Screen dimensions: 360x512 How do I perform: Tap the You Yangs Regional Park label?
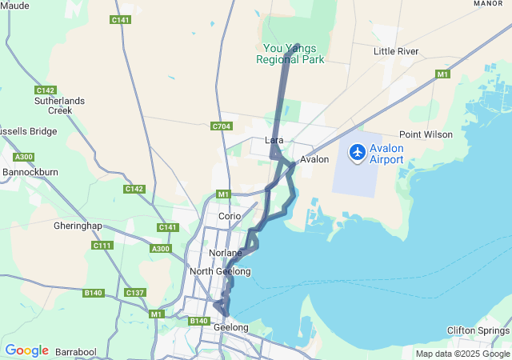[290, 54]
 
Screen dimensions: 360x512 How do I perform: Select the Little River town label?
[396, 51]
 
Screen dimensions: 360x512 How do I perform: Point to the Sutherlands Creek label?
[54, 106]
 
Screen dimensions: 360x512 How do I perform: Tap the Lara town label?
[274, 141]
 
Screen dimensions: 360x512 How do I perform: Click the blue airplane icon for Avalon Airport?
[357, 152]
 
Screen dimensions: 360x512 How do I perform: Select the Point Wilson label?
[426, 134]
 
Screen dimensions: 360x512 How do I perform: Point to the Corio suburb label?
[230, 216]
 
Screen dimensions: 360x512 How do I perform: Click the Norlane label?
[225, 253]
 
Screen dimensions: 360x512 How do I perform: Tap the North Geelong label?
[220, 271]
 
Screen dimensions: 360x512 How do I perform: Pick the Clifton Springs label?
[478, 330]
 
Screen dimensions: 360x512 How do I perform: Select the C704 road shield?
[222, 126]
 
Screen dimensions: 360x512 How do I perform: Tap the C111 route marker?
[102, 245]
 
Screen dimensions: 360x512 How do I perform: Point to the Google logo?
[26, 350]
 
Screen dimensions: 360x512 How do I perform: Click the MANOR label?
[488, 3]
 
